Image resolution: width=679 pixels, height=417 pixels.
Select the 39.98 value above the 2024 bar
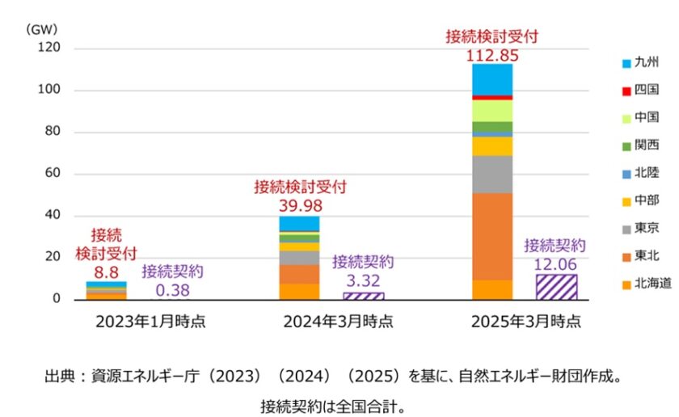[x=299, y=204]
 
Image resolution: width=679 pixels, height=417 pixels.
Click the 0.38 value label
[x=172, y=289]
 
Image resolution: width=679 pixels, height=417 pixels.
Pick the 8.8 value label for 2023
[x=106, y=272]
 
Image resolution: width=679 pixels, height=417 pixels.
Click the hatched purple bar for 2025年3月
[x=556, y=287]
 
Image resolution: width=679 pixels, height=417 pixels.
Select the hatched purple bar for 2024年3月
[x=364, y=296]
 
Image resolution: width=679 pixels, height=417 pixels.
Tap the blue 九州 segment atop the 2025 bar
[x=492, y=79]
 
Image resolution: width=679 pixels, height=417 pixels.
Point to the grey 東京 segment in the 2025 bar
[x=492, y=174]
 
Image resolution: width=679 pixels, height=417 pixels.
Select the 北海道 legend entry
[x=646, y=282]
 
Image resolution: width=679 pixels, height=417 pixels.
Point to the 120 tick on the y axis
[x=49, y=48]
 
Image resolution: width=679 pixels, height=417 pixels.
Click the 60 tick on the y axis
[x=53, y=174]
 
